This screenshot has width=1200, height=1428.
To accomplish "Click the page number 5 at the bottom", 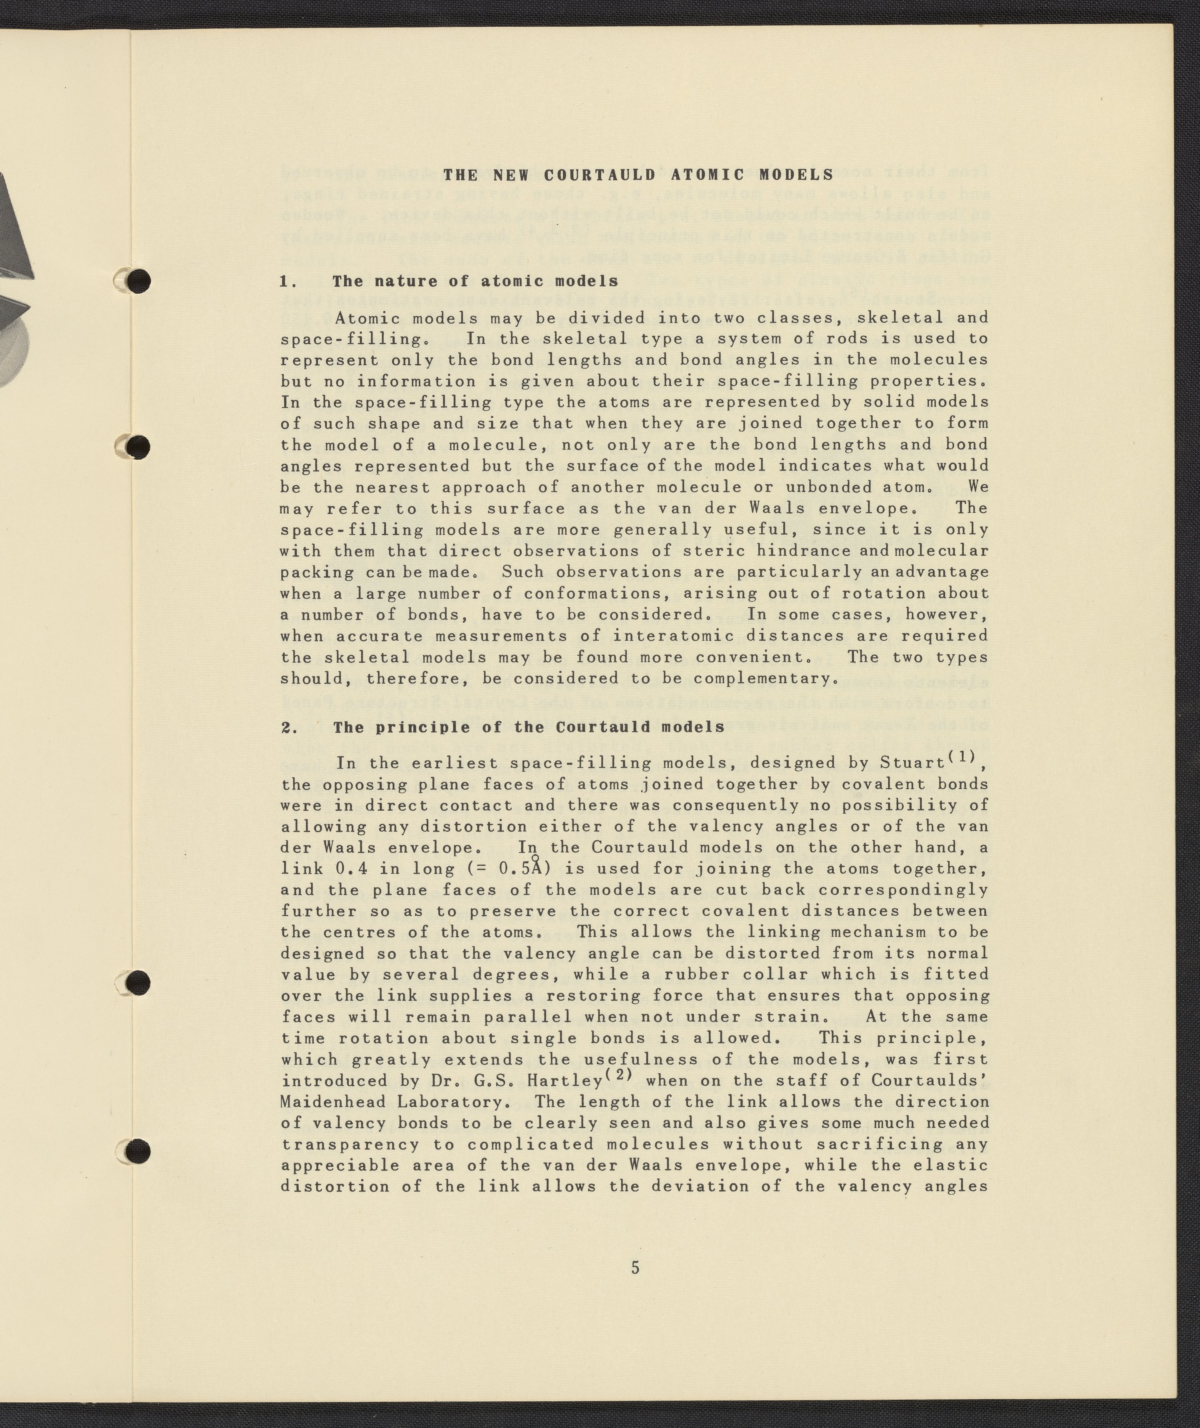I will click(635, 1268).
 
